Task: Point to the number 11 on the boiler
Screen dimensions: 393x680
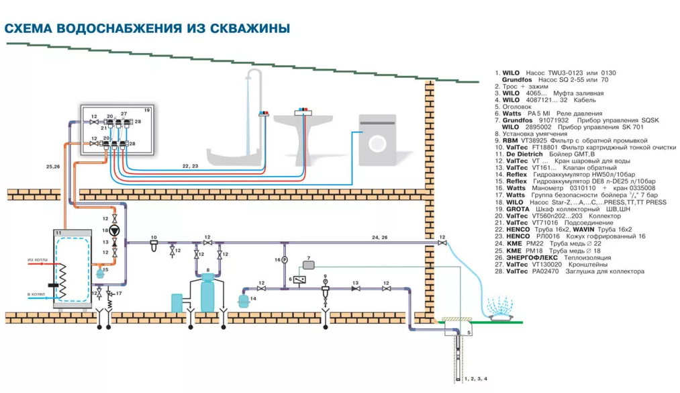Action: coord(58,232)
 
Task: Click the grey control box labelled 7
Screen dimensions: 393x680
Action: coord(309,265)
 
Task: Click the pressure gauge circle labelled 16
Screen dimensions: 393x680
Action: coord(285,259)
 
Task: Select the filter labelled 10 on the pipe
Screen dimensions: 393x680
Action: coord(154,243)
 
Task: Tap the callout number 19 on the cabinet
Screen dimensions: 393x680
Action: coord(146,109)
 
